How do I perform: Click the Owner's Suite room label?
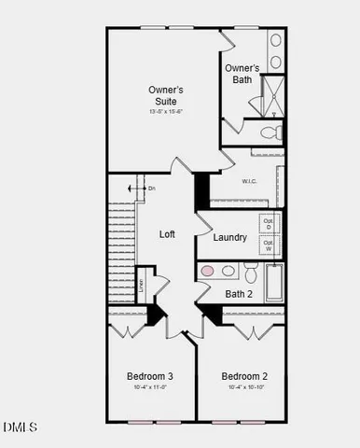click(x=166, y=95)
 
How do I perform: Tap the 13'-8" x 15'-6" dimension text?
click(x=166, y=111)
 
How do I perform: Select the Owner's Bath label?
click(x=242, y=74)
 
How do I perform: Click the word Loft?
click(x=167, y=234)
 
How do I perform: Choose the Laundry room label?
click(x=229, y=237)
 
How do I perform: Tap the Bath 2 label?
click(x=239, y=294)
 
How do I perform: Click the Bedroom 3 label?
click(x=150, y=376)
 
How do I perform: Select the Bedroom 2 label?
click(x=244, y=376)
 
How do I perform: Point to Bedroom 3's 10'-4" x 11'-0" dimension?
click(x=150, y=387)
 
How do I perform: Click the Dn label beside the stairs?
click(x=152, y=189)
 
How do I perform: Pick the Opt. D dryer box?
click(x=269, y=224)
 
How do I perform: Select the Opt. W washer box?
click(x=269, y=247)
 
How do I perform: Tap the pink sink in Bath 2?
click(x=208, y=271)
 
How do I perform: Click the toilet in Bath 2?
click(x=250, y=272)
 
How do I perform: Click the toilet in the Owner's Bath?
click(x=268, y=132)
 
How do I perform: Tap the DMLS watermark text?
click(x=21, y=427)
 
